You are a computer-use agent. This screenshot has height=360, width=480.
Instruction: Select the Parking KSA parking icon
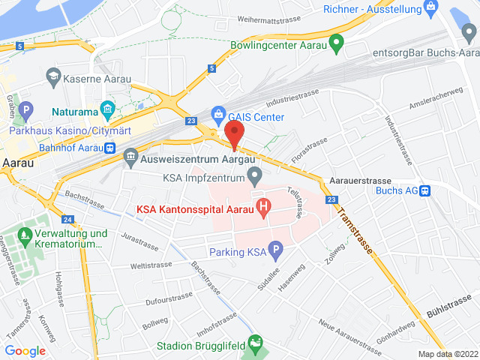click(x=275, y=251)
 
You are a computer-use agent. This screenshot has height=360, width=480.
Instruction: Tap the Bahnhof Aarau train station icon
click(x=109, y=148)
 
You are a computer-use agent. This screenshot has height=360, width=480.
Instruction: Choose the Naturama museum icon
click(x=107, y=112)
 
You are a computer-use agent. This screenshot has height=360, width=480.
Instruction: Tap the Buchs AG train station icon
click(x=425, y=190)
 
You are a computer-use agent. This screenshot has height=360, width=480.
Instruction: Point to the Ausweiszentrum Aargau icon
click(x=131, y=158)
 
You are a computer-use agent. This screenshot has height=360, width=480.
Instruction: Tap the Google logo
click(x=25, y=351)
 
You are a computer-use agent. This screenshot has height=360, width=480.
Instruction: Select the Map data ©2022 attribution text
click(x=447, y=354)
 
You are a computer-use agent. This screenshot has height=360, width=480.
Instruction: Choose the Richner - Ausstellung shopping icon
click(x=430, y=9)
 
